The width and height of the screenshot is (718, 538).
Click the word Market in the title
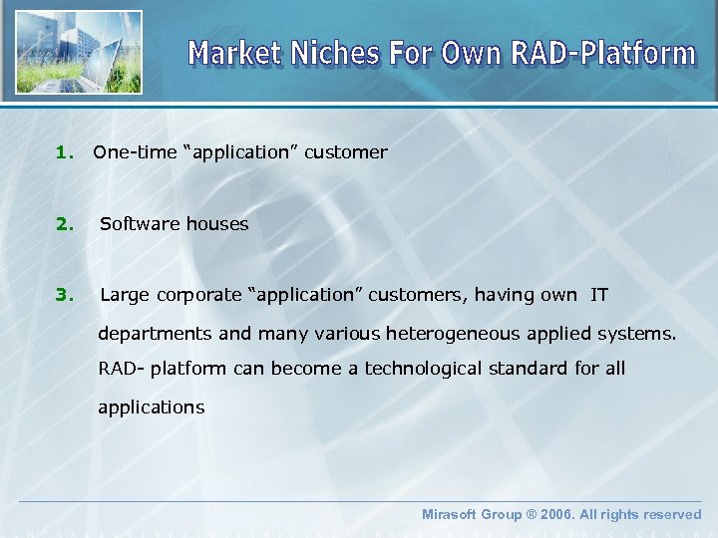pos(235,53)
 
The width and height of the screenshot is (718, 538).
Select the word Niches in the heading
pos(336,53)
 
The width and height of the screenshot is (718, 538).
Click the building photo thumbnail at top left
pos(77,52)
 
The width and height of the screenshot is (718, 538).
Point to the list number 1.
pos(65,152)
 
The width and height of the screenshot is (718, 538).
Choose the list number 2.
pos(65,224)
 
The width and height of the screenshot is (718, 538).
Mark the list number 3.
pos(65,295)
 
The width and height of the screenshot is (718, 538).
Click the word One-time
pos(134,152)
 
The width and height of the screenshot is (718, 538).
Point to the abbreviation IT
pos(599,295)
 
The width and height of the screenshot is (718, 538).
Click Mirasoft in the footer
pos(451,514)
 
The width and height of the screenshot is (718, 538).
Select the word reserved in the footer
pos(670,514)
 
